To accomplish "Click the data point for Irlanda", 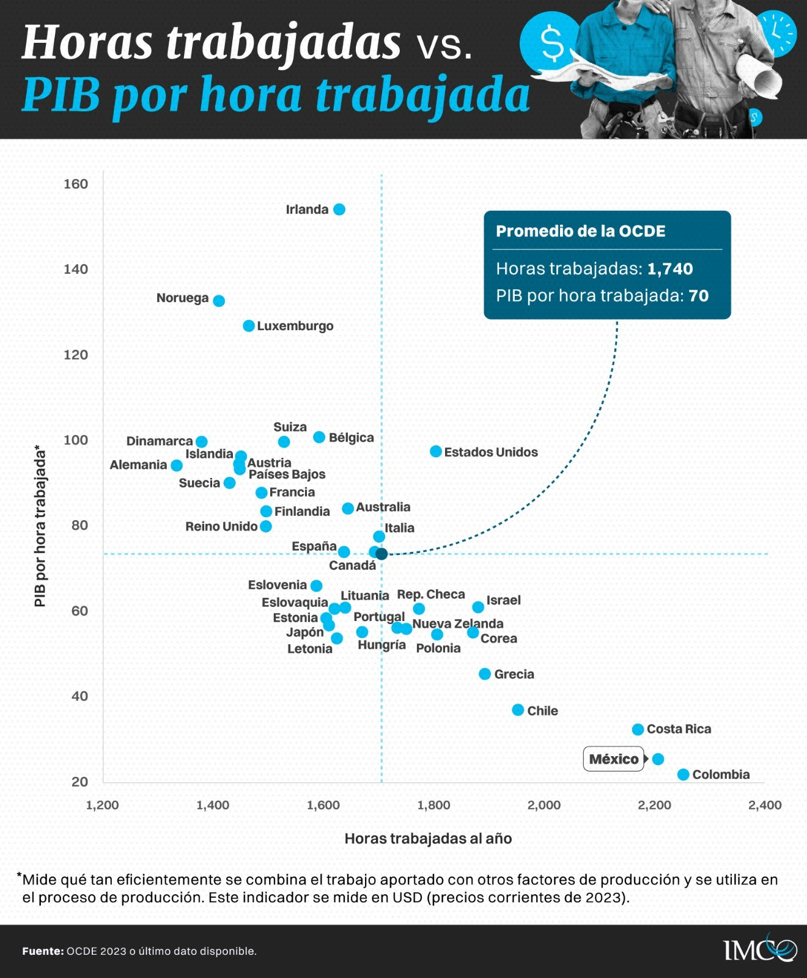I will pyautogui.click(x=339, y=210).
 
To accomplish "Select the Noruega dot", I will pyautogui.click(x=219, y=301).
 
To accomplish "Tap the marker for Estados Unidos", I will pyautogui.click(x=436, y=452).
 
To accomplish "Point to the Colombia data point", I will pyautogui.click(x=684, y=774).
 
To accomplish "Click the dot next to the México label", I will pyautogui.click(x=658, y=759).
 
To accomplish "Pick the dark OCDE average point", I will pyautogui.click(x=381, y=554).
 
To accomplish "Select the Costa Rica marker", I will pyautogui.click(x=638, y=729).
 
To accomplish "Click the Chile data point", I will pyautogui.click(x=518, y=710).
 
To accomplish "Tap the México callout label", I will pyautogui.click(x=613, y=759).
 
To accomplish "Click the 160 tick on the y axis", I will pyautogui.click(x=76, y=184).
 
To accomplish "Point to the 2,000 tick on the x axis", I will pyautogui.click(x=544, y=805).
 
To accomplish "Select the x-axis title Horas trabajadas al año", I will pyautogui.click(x=428, y=839).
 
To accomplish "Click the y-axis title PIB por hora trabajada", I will pyautogui.click(x=40, y=526).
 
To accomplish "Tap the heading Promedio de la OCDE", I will pyautogui.click(x=580, y=231).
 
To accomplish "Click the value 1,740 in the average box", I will pyautogui.click(x=670, y=269).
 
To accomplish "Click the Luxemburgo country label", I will pyautogui.click(x=295, y=326).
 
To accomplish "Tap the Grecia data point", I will pyautogui.click(x=485, y=674).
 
